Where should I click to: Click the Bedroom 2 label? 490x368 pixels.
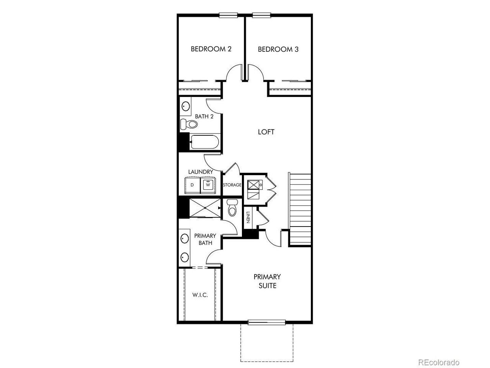211,49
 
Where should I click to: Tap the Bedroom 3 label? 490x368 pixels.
278,49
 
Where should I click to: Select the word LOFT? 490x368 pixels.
266,132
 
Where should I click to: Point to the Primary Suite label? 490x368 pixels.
267,281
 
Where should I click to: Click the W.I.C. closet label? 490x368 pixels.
200,295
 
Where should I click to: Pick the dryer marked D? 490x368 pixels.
193,185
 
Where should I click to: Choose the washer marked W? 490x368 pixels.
208,185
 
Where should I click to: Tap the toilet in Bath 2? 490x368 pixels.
189,124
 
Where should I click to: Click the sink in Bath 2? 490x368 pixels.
186,106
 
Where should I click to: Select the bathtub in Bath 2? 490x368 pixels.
205,142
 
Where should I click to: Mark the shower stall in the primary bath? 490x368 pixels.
205,208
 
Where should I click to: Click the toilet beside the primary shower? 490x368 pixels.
232,207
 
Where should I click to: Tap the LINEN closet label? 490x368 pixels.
248,217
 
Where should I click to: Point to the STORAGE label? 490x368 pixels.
232,185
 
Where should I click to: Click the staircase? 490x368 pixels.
300,210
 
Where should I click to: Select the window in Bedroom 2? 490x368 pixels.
228,15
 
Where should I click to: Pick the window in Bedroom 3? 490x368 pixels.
261,15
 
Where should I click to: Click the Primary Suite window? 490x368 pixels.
266,322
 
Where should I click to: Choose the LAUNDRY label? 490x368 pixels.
201,172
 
